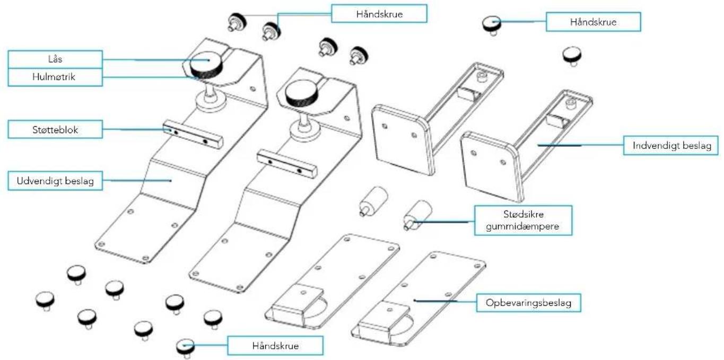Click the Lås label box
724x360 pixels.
55,59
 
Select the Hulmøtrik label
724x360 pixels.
55,77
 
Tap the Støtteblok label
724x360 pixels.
55,129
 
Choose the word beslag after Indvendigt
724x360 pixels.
693,145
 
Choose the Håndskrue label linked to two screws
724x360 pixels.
379,14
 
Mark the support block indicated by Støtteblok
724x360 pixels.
194,135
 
